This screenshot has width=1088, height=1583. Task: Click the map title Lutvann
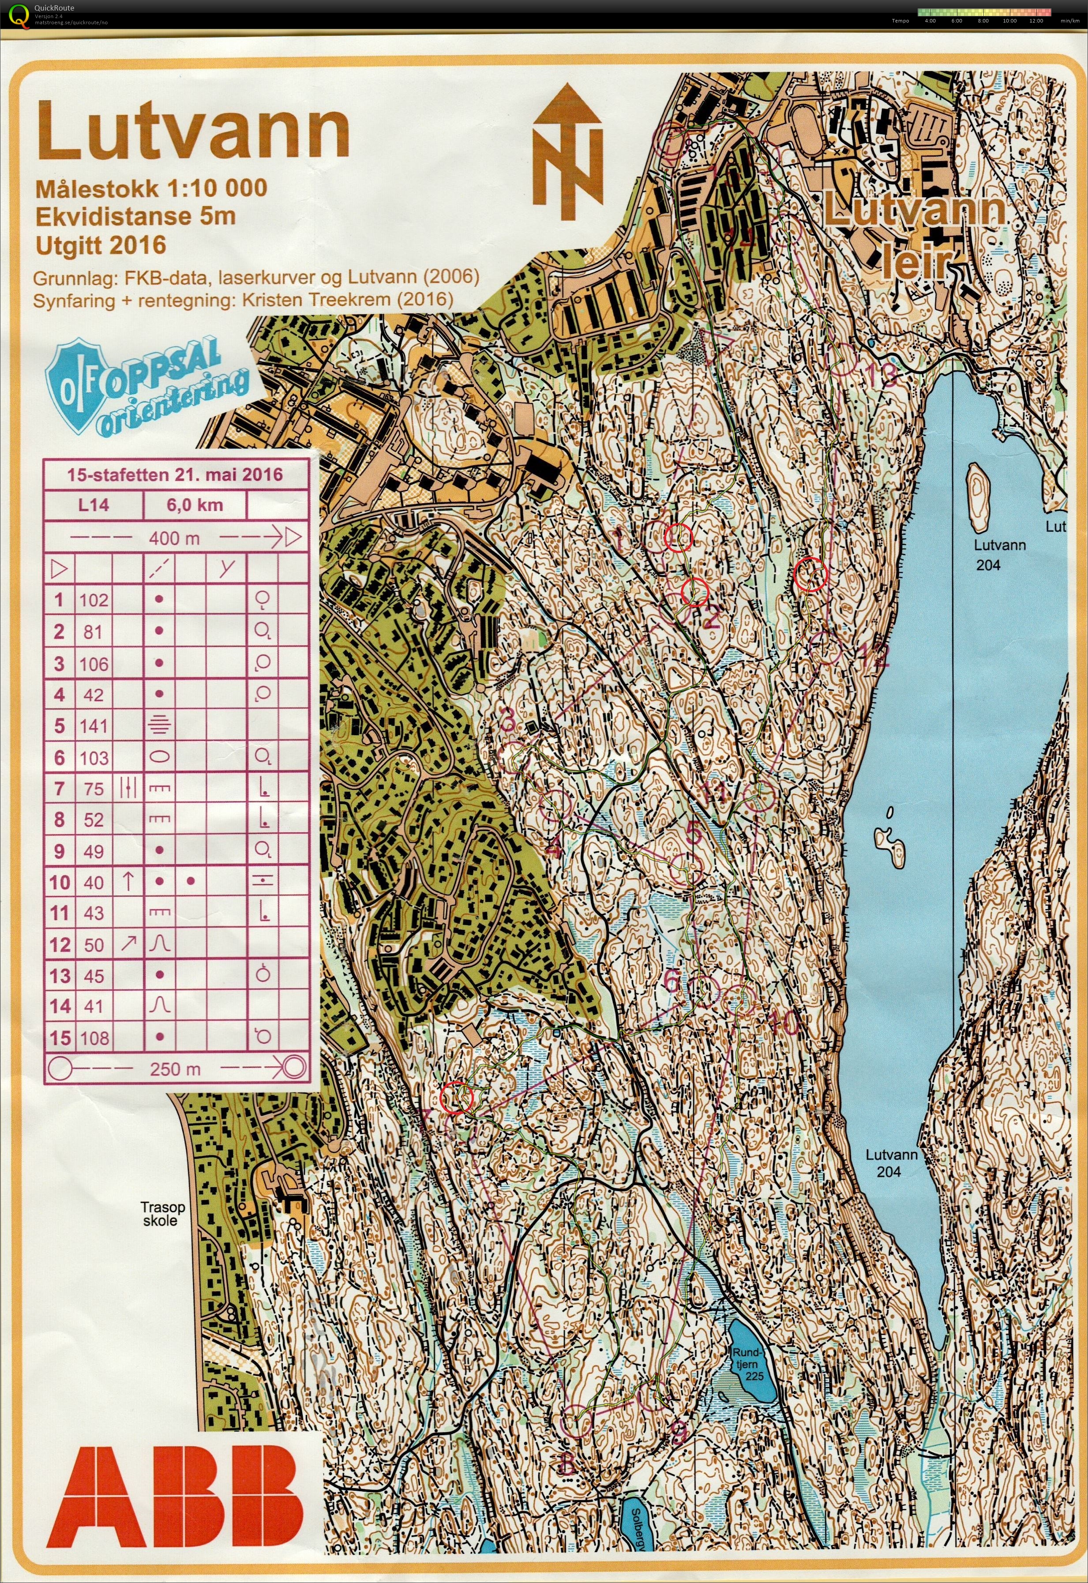point(193,130)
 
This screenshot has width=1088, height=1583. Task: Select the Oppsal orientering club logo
point(145,389)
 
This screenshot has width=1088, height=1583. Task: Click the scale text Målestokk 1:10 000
point(151,188)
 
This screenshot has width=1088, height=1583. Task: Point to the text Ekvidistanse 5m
point(135,216)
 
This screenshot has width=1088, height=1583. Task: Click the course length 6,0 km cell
point(194,505)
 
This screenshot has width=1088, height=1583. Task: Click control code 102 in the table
point(94,600)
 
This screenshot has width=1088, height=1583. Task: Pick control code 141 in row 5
point(94,726)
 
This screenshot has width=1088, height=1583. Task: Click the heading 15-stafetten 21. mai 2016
point(175,474)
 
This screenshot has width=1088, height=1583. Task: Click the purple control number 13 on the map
point(888,376)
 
